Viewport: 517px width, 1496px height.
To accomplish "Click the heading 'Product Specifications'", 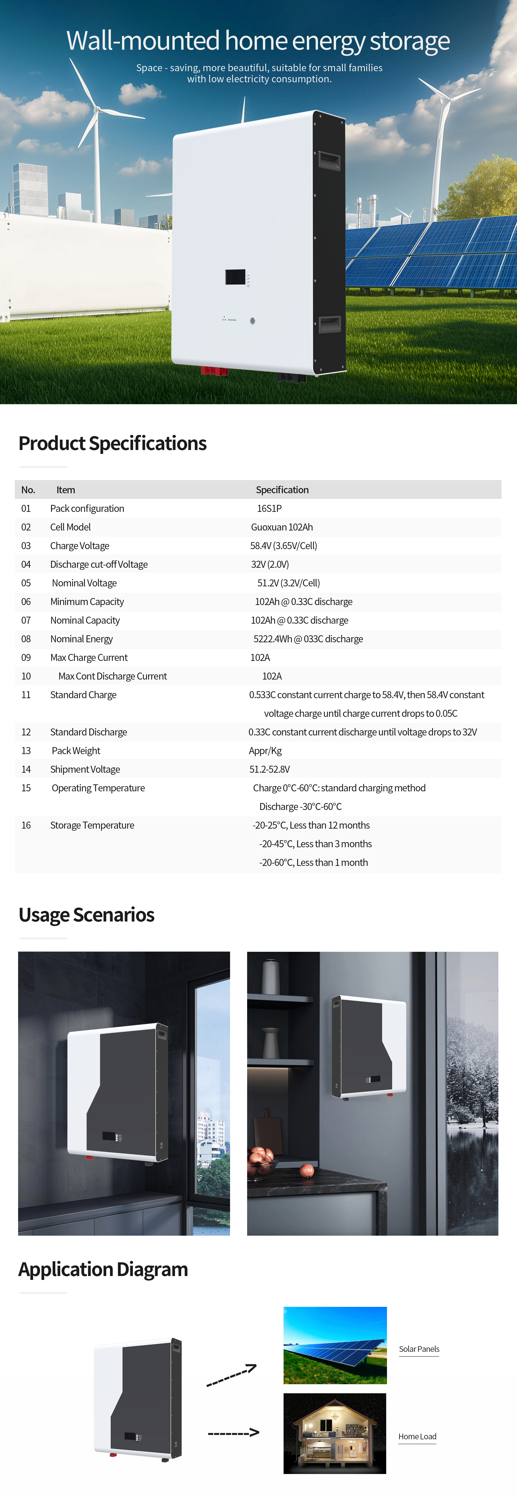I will click(x=112, y=443).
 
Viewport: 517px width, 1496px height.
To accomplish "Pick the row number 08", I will click(x=26, y=639).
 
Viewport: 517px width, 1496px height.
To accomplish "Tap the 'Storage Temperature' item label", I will click(x=92, y=825).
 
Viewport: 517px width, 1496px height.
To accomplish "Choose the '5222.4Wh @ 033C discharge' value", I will click(x=308, y=639).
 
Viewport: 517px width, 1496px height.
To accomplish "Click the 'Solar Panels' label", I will click(x=419, y=1349).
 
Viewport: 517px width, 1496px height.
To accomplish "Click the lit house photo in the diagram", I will click(x=335, y=1433).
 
